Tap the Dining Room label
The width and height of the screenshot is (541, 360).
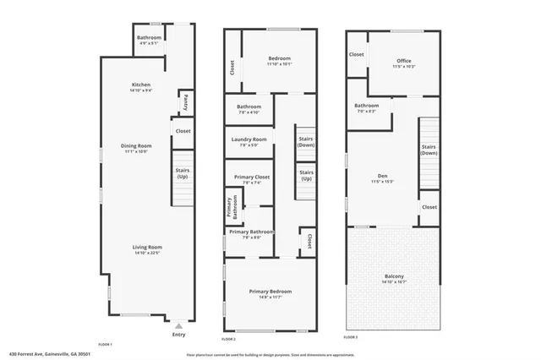click(136, 149)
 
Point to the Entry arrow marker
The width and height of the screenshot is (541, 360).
click(178, 324)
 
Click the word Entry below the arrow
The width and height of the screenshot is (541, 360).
click(178, 335)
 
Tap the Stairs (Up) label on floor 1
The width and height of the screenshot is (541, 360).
click(183, 173)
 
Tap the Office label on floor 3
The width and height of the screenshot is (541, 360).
click(403, 62)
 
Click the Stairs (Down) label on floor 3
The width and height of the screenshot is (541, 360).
click(429, 150)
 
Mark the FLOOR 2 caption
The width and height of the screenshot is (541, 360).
click(229, 337)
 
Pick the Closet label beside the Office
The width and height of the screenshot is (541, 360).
click(356, 55)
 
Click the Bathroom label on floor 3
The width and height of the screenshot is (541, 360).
click(366, 107)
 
